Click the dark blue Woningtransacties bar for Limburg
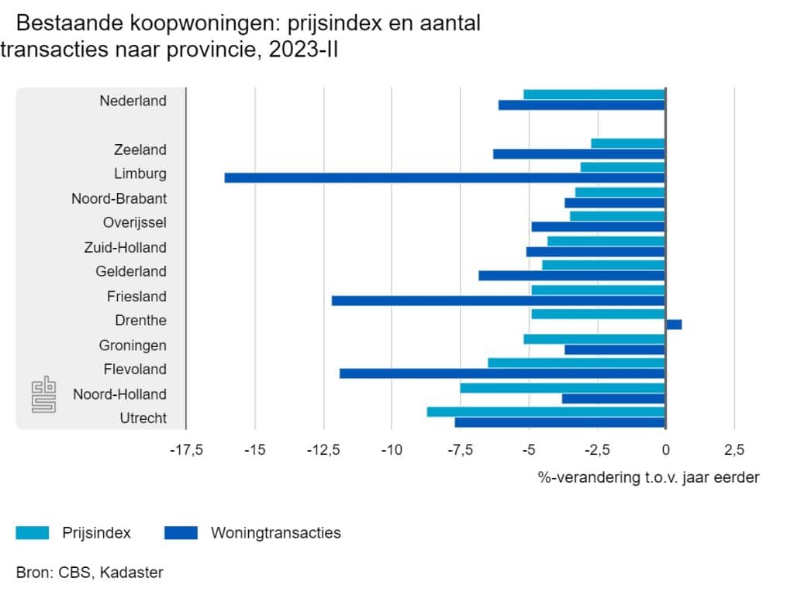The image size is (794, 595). tap(444, 177)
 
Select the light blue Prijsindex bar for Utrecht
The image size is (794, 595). tap(546, 411)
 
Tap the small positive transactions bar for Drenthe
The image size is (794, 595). tap(673, 325)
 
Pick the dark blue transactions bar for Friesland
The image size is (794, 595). tap(498, 301)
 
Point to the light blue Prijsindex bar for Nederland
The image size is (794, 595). tap(594, 95)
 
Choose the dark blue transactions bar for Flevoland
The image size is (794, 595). tap(502, 373)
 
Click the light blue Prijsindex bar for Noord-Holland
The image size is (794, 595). tap(562, 387)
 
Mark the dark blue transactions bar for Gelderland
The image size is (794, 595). tap(571, 276)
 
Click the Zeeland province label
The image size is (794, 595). tap(140, 150)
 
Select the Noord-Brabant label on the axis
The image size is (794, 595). tap(119, 198)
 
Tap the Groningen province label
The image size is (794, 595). tap(132, 346)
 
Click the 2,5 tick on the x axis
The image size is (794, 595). tap(734, 451)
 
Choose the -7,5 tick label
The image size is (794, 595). tap(460, 451)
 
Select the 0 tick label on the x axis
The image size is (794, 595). tap(665, 451)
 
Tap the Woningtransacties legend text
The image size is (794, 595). tap(275, 533)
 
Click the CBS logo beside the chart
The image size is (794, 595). tap(44, 394)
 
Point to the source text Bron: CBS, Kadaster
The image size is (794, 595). tap(89, 573)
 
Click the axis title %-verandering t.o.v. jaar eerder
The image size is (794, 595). tap(648, 477)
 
